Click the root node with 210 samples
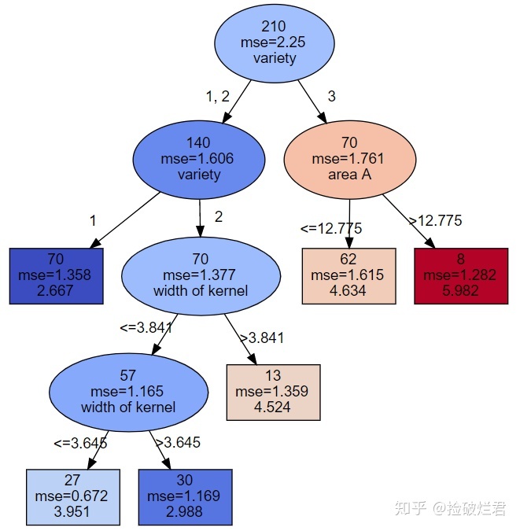coord(275,42)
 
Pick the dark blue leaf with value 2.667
coord(56,275)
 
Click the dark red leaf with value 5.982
coord(461,275)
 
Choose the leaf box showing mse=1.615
coord(349,275)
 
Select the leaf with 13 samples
coord(273,392)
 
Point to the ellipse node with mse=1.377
coord(201,275)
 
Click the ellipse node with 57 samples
coord(128,392)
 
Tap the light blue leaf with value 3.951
coord(72,497)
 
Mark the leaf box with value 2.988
coord(185,497)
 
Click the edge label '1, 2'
coord(218,97)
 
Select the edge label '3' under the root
coord(331,97)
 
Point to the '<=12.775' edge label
coord(330,229)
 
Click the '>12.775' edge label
coord(435,221)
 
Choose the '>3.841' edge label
coord(261,338)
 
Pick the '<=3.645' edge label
coord(79,443)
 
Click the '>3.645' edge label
coord(178,443)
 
